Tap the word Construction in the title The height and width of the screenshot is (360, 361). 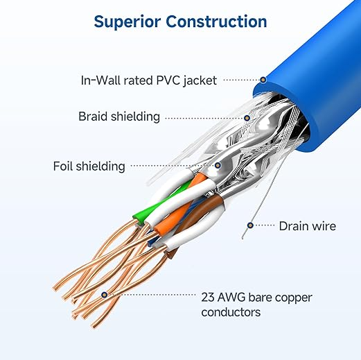click(x=217, y=22)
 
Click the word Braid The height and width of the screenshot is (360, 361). click(x=94, y=117)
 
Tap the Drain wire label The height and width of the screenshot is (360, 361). click(x=307, y=226)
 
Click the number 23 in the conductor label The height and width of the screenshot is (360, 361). click(x=208, y=298)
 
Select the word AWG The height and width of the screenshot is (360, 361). click(x=233, y=298)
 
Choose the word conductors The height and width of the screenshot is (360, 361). click(x=231, y=313)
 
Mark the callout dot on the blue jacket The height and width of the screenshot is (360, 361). click(x=263, y=80)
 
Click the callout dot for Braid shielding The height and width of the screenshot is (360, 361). click(x=247, y=117)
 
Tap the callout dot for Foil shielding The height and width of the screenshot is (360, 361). click(x=218, y=166)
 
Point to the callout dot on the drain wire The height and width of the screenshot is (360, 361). click(x=250, y=225)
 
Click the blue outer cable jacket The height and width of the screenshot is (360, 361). click(x=305, y=111)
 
